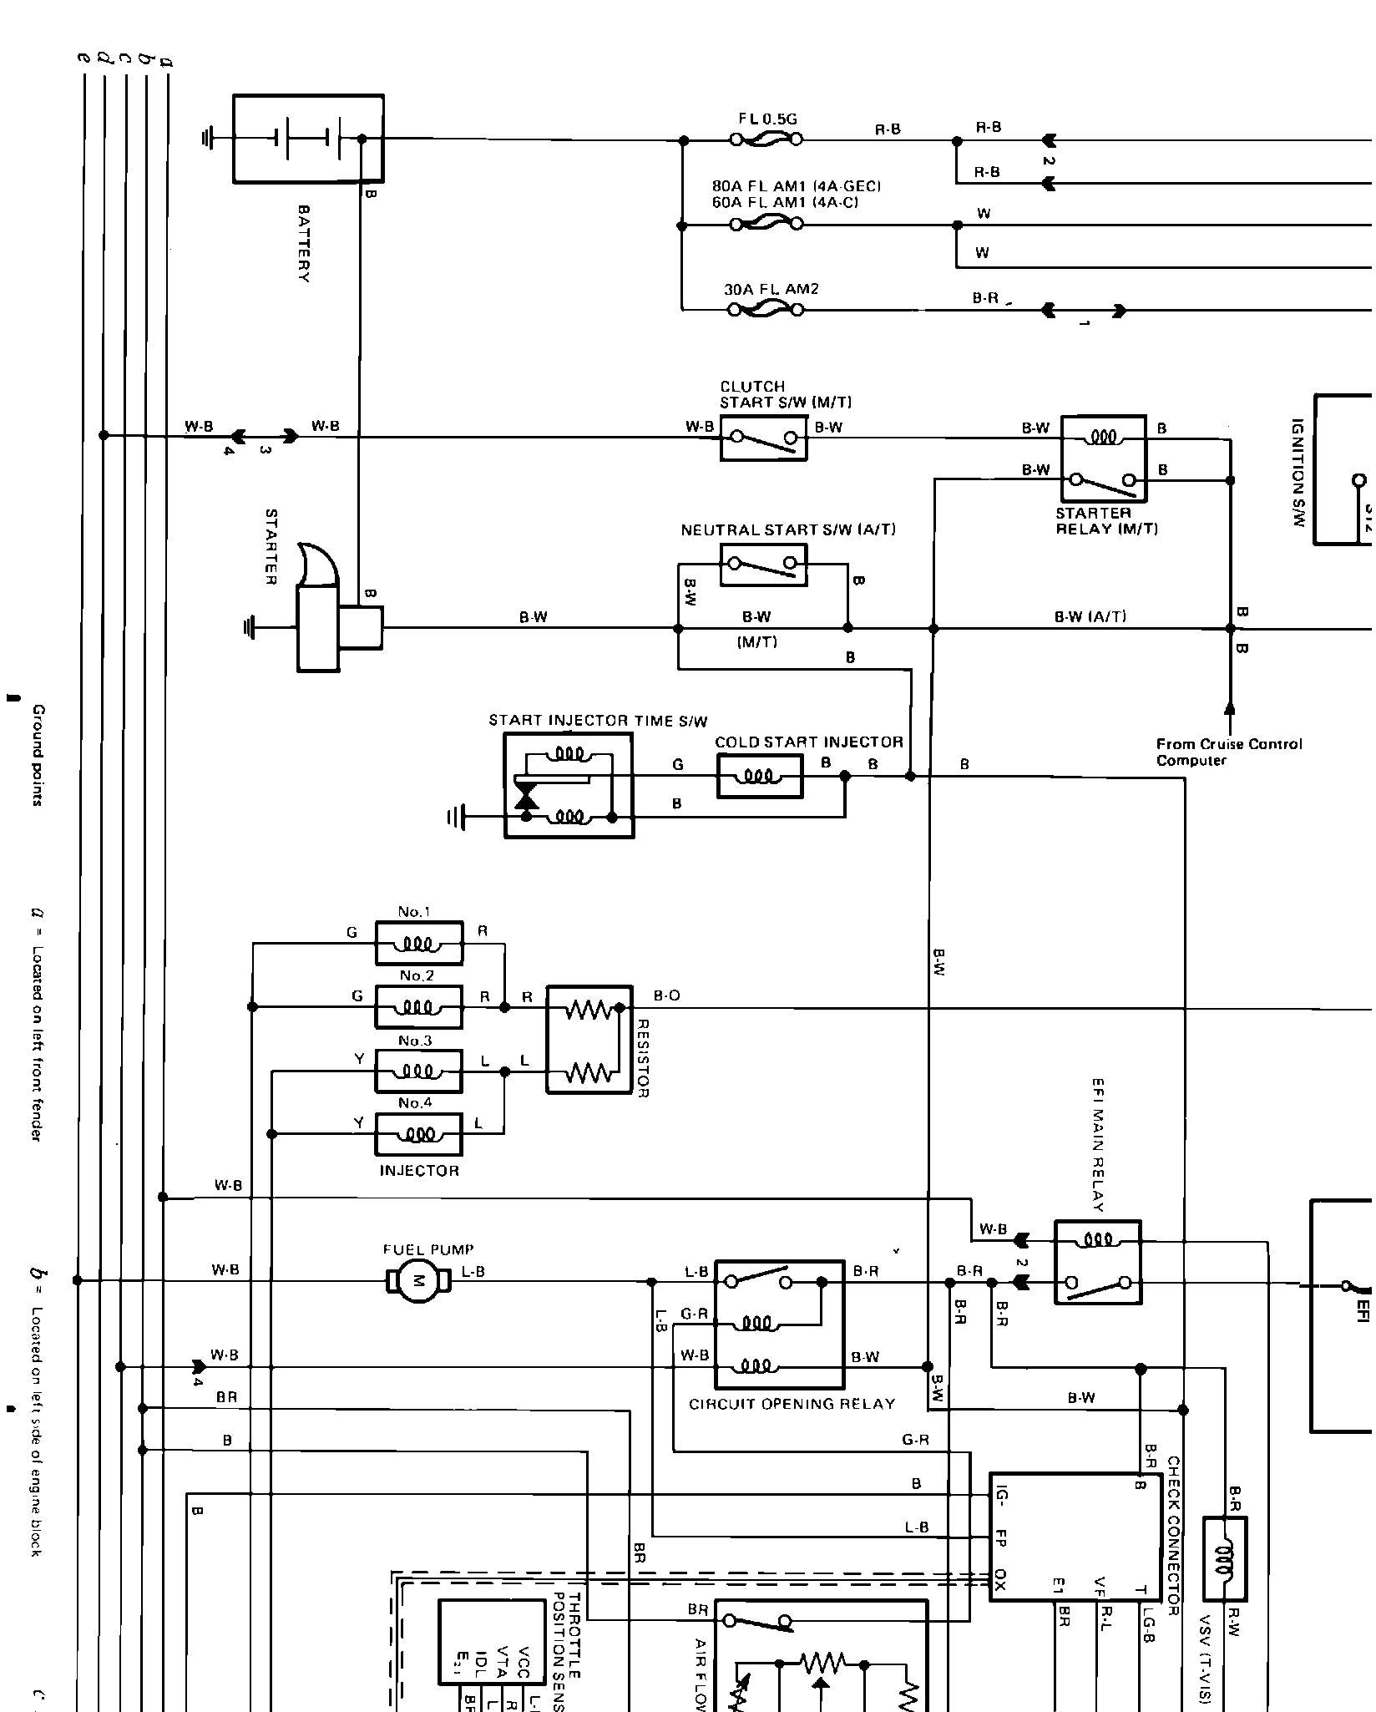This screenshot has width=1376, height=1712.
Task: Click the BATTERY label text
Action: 304,244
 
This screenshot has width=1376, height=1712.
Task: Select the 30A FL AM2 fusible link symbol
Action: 766,310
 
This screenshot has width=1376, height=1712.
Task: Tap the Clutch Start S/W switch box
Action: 763,438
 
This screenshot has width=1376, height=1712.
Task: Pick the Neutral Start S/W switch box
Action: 763,565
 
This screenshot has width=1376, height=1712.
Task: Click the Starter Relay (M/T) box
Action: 1103,458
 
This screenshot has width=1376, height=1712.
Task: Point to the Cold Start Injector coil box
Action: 759,776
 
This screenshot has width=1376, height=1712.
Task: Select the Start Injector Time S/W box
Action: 569,785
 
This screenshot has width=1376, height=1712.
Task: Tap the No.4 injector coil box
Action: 418,1133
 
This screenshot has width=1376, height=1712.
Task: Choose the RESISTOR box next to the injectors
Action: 589,1039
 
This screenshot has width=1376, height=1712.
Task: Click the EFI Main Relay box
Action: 1097,1261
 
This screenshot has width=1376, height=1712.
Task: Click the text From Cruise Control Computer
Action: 1228,752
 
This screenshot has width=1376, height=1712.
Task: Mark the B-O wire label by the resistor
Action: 666,995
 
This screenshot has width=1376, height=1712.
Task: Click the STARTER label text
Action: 271,546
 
